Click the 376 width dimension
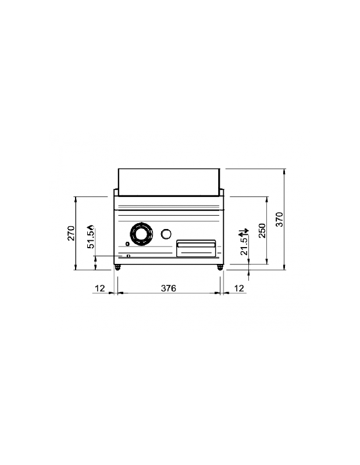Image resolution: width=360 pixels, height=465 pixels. coord(168,288)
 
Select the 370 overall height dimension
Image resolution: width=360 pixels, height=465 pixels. coord(280,219)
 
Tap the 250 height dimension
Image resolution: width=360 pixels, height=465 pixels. coord(262,230)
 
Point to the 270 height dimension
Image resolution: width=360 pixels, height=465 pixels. coord(71,233)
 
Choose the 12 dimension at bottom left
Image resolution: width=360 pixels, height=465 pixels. coord(99,288)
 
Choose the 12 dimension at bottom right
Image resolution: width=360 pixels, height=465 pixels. coord(238,288)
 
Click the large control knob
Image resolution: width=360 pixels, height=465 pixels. coord(141,234)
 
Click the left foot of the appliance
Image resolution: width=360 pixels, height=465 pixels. coord(118,267)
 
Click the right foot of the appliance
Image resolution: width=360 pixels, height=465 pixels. coord(220,267)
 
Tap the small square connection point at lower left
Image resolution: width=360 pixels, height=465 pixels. coord(128,255)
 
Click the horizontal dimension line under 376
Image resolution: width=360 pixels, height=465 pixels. coord(168,294)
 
